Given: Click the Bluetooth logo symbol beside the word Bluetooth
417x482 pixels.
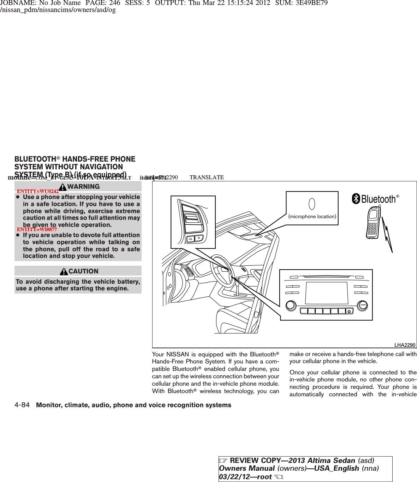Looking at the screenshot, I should (x=356, y=199).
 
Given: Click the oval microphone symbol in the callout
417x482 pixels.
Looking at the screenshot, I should (x=312, y=204).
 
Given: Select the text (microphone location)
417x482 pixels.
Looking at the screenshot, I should (x=312, y=216).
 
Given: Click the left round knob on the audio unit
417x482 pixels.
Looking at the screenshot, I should (x=291, y=305).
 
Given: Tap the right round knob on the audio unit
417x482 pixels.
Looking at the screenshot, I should (x=362, y=306).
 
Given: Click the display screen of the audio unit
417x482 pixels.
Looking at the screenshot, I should (x=327, y=293).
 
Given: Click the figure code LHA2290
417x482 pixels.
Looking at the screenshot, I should (x=405, y=345).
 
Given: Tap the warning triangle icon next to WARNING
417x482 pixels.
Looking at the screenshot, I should (x=63, y=187).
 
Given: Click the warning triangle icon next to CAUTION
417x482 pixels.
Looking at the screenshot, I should (x=64, y=271).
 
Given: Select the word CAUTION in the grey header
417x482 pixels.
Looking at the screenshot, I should (x=83, y=271).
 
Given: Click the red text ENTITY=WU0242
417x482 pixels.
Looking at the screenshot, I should (x=38, y=191).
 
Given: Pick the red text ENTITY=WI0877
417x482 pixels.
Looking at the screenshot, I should (x=37, y=229).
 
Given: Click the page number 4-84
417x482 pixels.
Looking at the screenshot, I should (x=22, y=405).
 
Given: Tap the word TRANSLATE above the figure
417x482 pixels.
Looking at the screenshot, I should (x=207, y=177).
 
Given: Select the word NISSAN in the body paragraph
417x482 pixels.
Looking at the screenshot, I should (x=178, y=354).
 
